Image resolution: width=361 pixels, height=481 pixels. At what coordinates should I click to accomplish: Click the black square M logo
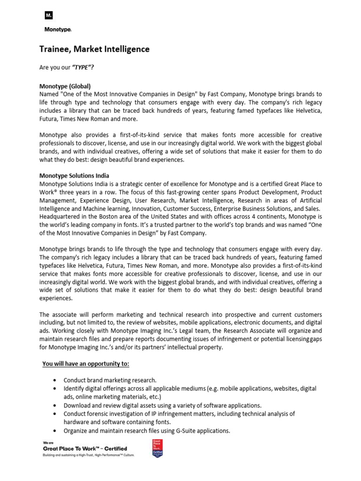(48, 16)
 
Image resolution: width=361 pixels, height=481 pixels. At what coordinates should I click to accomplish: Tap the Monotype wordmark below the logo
(58, 30)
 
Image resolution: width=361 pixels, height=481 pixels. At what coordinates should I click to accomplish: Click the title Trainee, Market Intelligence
(94, 49)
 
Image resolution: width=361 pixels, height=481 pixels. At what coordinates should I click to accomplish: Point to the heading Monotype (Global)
(65, 86)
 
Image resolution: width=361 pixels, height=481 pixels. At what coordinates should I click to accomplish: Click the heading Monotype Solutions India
(76, 175)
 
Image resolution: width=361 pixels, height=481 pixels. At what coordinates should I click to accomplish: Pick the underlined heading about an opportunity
(86, 364)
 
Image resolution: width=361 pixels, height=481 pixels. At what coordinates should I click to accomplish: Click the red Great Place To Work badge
(156, 449)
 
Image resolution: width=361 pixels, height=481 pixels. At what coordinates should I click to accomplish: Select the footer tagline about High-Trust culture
(88, 455)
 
